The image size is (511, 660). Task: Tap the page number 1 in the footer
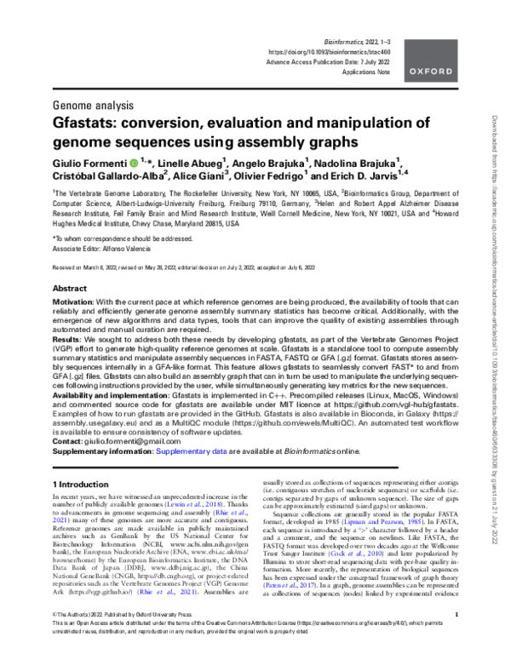tap(456, 636)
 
